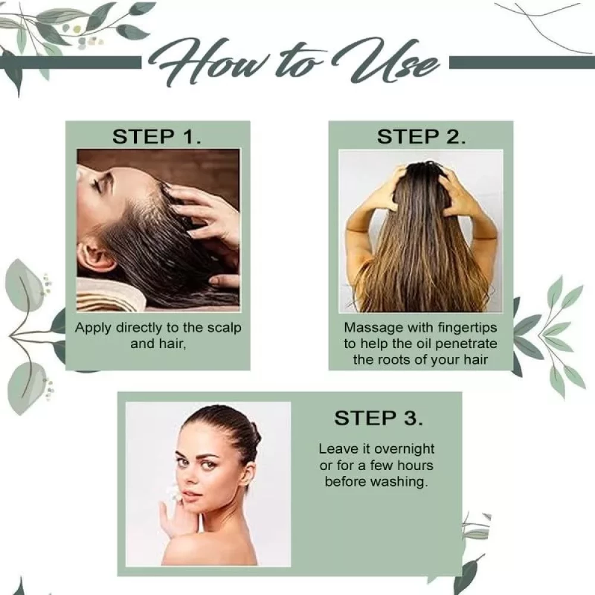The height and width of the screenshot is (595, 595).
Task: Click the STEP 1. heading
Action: (x=156, y=137)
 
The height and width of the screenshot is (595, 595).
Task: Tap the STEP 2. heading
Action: (x=421, y=137)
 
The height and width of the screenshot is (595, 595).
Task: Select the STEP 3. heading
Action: (x=378, y=418)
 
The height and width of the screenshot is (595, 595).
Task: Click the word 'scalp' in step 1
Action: (x=224, y=328)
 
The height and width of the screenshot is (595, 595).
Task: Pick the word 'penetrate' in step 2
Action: (x=466, y=344)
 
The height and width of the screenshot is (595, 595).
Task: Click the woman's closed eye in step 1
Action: (x=98, y=185)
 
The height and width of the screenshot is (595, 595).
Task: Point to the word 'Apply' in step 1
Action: (x=93, y=328)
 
